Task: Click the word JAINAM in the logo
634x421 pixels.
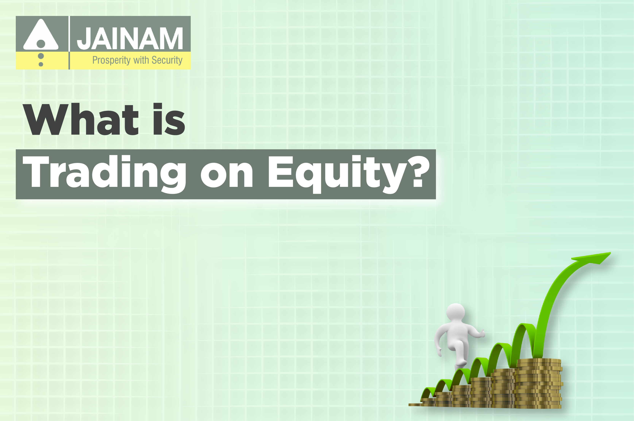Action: click(x=130, y=38)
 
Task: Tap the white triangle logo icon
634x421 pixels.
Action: click(x=41, y=34)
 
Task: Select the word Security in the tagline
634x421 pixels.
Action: click(x=167, y=60)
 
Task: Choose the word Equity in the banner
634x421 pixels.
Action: click(x=337, y=174)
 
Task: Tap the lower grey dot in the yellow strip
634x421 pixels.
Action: click(x=41, y=64)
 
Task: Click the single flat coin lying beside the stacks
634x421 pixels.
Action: click(x=415, y=404)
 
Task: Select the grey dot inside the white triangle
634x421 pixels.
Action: click(x=41, y=44)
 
